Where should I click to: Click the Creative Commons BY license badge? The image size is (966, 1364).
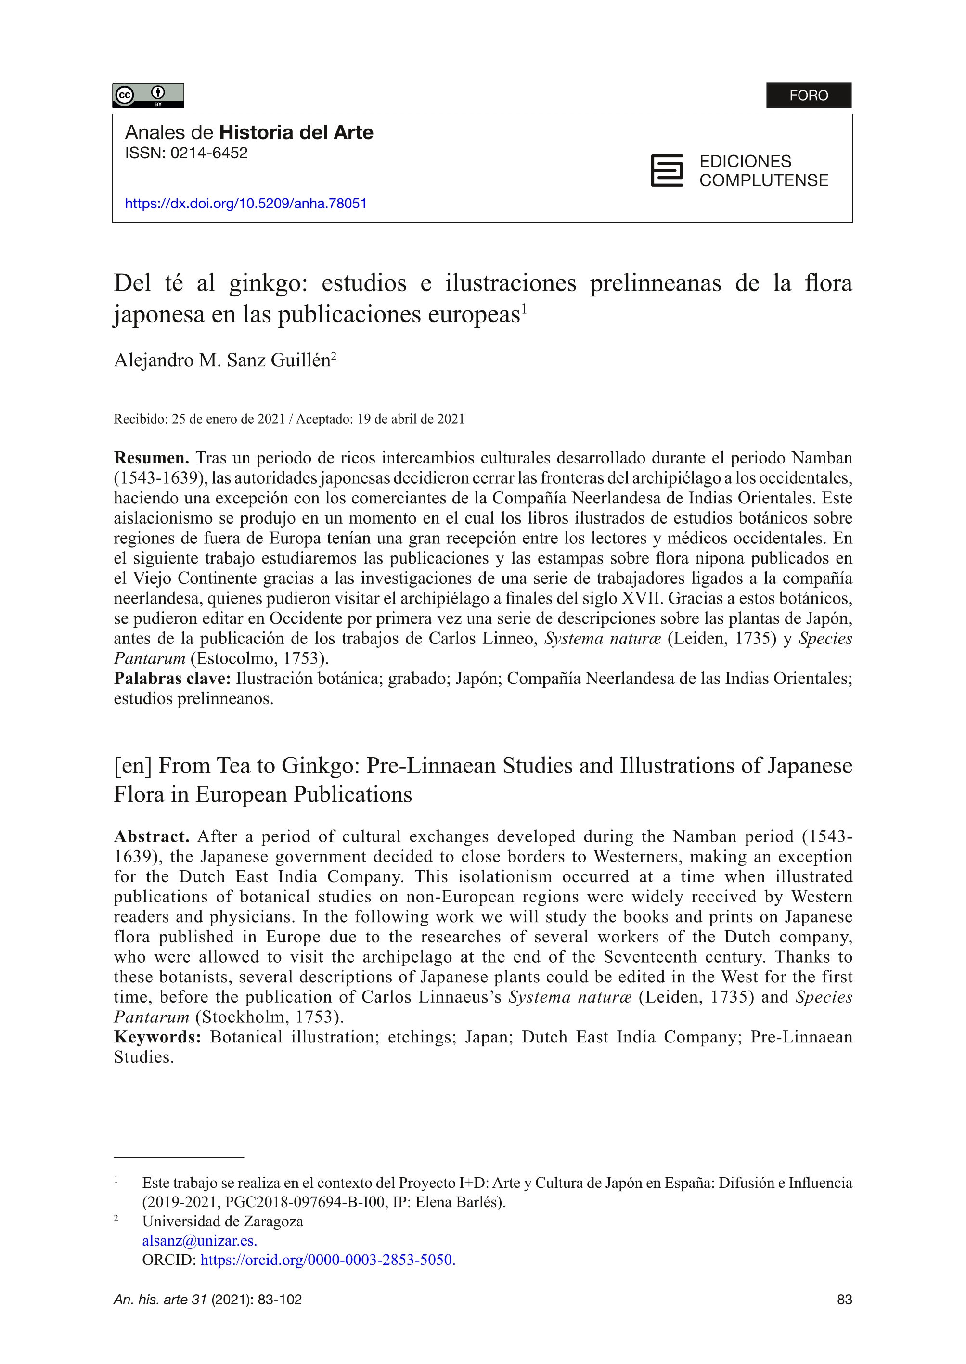pos(147,95)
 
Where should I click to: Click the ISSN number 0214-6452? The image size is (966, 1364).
pos(209,154)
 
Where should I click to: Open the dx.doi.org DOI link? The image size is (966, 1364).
pos(245,204)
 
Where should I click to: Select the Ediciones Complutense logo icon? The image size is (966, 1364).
pos(667,171)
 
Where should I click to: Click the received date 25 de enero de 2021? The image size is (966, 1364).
pos(229,419)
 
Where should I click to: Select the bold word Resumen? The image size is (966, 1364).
pos(151,458)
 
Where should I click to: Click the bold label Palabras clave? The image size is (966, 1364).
pos(172,679)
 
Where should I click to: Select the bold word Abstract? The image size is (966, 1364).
pos(151,836)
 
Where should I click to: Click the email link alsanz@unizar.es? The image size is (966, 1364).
pos(199,1240)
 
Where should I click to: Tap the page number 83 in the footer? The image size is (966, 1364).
pos(844,1300)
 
